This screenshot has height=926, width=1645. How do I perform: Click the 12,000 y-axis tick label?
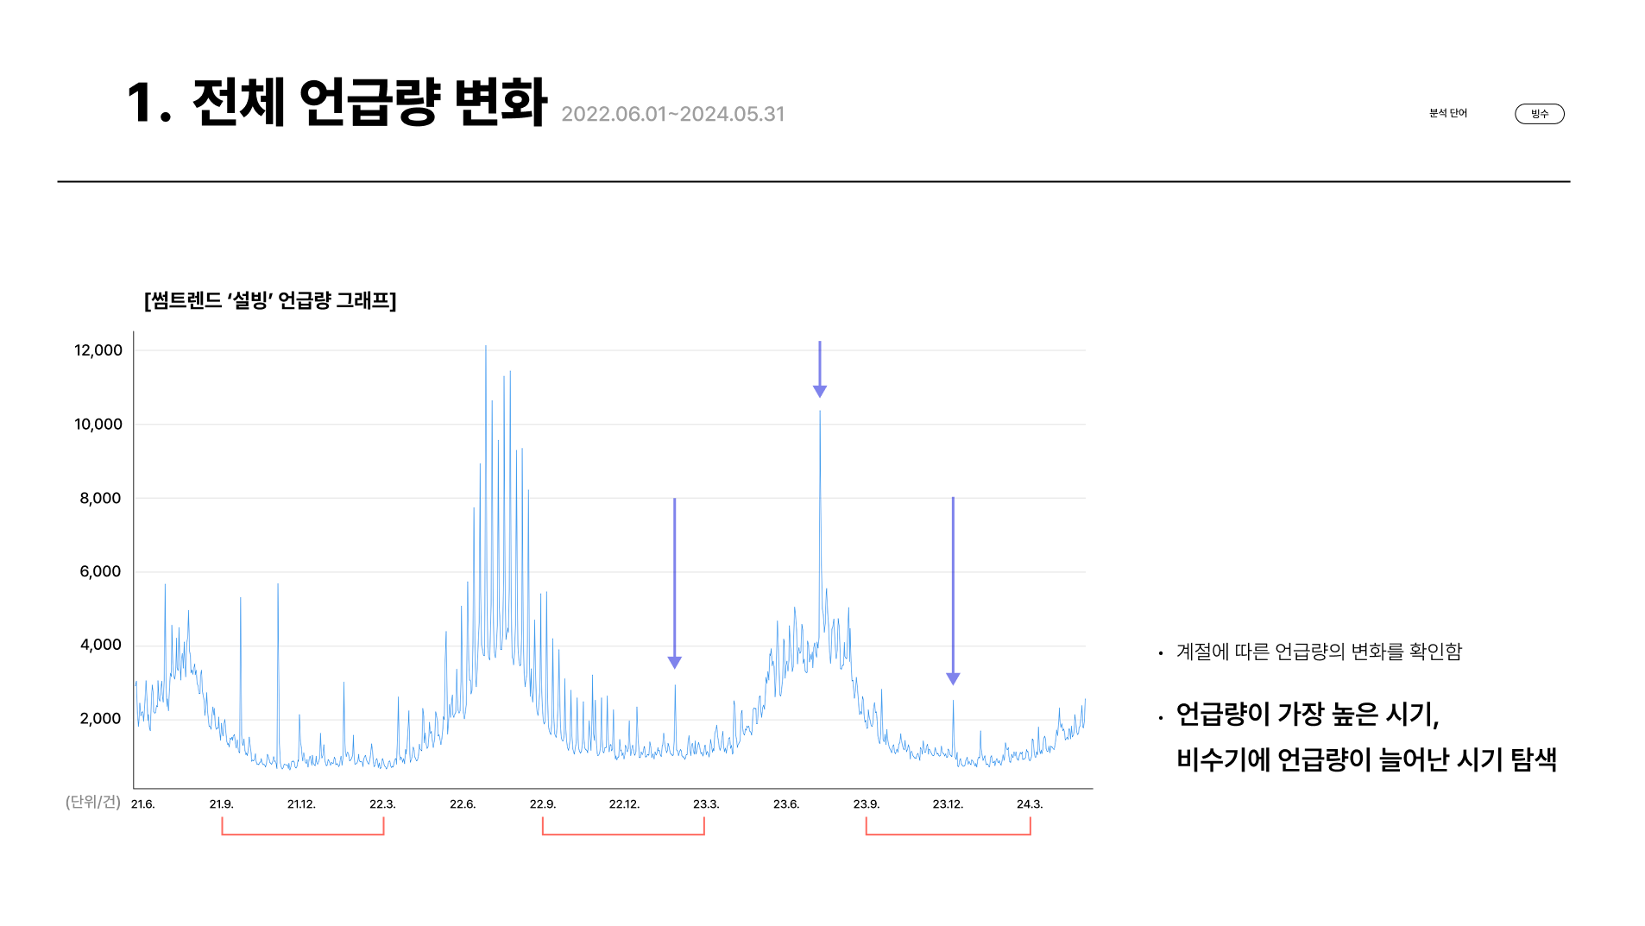point(98,350)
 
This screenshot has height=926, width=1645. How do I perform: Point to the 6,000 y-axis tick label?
point(100,571)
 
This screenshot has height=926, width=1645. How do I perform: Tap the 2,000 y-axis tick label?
point(100,719)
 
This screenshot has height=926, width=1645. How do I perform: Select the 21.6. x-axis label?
point(142,804)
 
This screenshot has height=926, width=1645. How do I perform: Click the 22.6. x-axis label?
point(463,804)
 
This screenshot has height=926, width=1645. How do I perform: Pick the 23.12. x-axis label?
point(948,804)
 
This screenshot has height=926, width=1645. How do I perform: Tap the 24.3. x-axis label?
point(1030,804)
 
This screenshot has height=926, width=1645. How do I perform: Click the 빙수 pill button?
point(1539,114)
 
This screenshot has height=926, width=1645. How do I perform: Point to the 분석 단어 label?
point(1447,113)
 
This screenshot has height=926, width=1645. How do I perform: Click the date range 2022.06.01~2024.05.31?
point(672,114)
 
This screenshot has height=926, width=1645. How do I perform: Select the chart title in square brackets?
point(270,300)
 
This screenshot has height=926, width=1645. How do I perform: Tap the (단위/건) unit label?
point(93,802)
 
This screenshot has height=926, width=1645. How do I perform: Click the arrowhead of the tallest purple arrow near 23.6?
point(820,391)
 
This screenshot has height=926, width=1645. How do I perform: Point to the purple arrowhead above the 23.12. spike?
point(953,678)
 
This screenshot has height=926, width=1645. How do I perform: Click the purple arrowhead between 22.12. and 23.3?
point(675,662)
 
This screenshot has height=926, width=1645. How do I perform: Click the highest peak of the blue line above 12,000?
point(486,348)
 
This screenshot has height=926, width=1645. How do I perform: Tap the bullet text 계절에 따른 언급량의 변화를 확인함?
point(1319,652)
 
